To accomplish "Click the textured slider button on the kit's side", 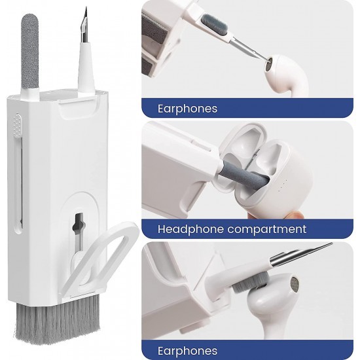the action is (18, 124).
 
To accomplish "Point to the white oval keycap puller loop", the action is (101, 254).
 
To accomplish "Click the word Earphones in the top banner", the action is (187, 109).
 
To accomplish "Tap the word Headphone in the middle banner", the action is (190, 229).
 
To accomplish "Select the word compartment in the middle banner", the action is (266, 230).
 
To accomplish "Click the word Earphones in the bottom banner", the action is (187, 351).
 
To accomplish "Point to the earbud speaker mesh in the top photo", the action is (269, 64).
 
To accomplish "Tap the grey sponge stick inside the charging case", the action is (243, 175).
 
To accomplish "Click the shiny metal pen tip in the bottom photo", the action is (301, 254).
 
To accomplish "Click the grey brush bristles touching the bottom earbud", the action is (249, 284).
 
